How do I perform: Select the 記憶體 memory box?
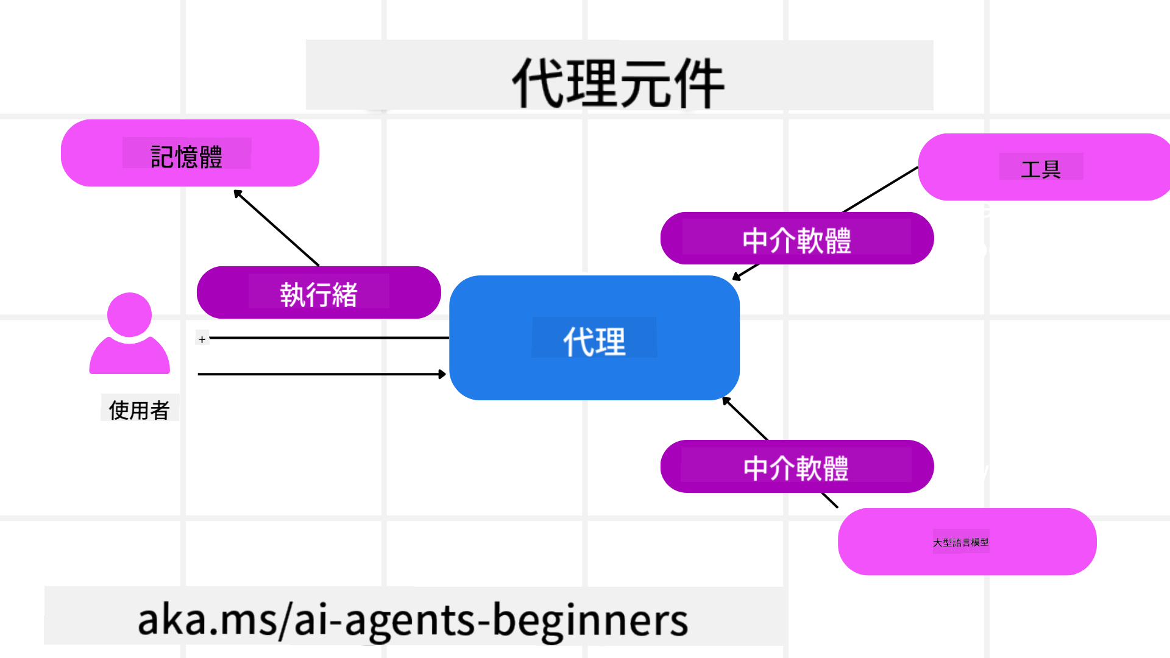pos(190,154)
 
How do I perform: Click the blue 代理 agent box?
pos(594,339)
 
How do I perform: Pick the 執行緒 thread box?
pos(318,293)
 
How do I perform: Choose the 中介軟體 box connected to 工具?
pos(796,239)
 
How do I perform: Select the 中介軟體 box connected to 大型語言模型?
pos(796,467)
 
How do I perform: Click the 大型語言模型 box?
pos(966,542)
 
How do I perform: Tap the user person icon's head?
pos(129,314)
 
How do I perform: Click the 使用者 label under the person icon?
pos(139,409)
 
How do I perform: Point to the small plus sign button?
pos(202,339)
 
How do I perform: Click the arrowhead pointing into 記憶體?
pos(238,194)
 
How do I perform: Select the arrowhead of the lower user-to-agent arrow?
pos(442,374)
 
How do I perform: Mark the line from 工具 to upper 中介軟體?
pos(881,189)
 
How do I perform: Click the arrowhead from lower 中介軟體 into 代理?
pos(726,401)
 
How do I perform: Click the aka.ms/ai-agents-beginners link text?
pos(413,620)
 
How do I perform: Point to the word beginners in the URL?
pos(590,620)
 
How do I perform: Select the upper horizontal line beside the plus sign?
pos(329,338)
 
